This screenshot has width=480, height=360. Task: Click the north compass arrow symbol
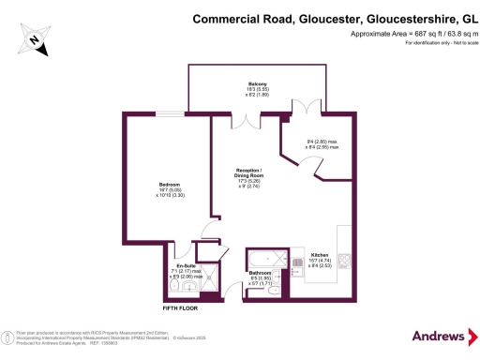click(35, 38)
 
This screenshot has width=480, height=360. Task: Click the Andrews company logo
click(438, 336)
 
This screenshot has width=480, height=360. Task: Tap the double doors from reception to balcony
click(247, 120)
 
